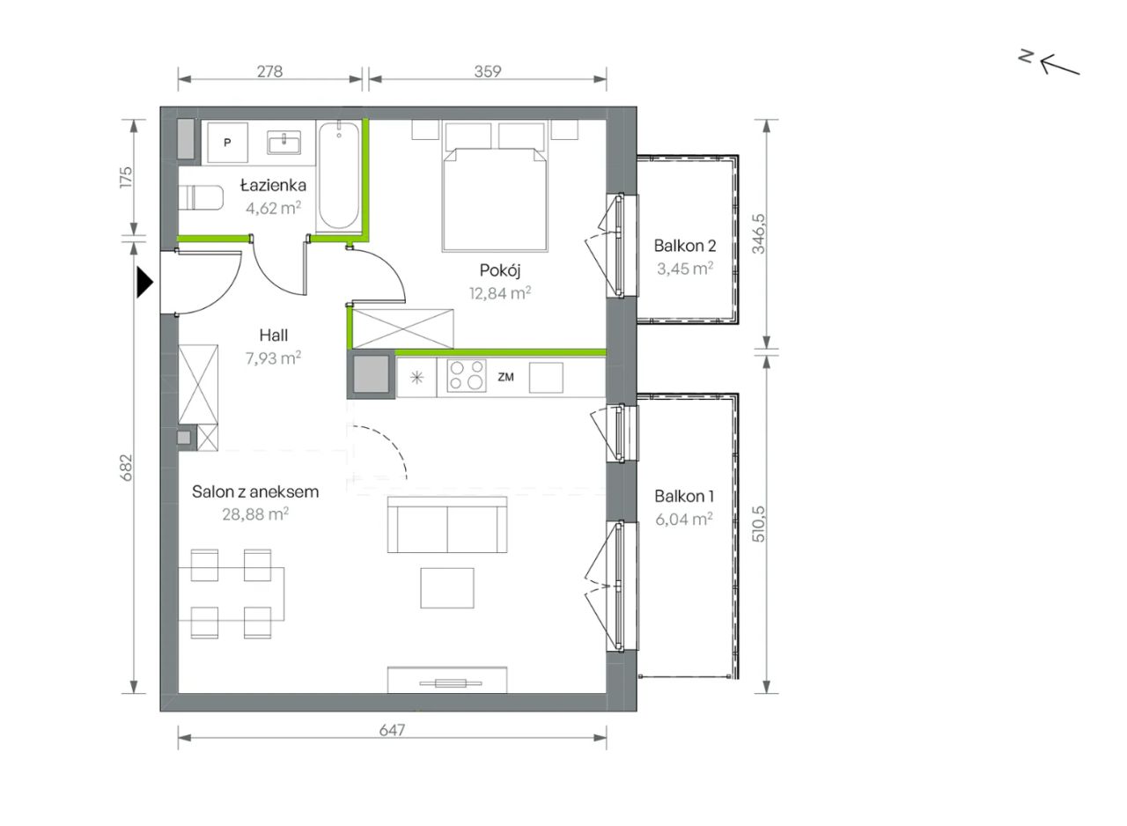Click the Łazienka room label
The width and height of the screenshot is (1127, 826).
tap(273, 185)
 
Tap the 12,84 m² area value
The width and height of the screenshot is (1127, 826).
tap(500, 292)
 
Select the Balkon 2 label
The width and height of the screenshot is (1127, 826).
tap(685, 246)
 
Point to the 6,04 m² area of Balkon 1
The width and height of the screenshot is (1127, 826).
tap(684, 519)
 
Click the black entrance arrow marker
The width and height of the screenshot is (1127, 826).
tap(144, 283)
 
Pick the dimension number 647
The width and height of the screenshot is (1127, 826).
tap(392, 730)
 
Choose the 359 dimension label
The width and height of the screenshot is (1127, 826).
tap(488, 71)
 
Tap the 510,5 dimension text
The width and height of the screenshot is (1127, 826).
tap(759, 524)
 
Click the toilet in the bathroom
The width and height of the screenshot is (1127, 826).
tap(201, 197)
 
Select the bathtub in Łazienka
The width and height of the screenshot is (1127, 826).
tap(339, 175)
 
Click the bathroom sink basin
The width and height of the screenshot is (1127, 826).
tap(284, 143)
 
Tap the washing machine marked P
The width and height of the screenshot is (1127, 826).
tap(227, 143)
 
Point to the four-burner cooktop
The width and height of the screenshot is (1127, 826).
tap(467, 376)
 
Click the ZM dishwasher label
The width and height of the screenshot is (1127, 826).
tap(505, 377)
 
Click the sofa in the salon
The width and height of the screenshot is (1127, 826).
tap(447, 525)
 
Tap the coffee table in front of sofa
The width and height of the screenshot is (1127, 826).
tap(447, 588)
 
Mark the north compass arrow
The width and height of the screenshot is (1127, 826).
tap(1059, 66)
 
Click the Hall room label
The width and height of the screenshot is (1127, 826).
tap(274, 335)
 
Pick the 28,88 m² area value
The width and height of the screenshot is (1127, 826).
tap(255, 514)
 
